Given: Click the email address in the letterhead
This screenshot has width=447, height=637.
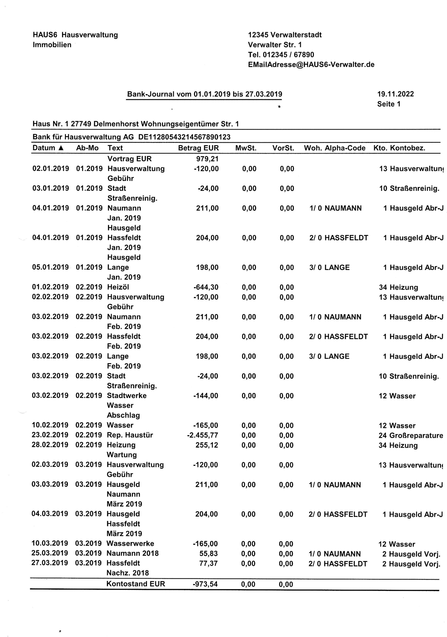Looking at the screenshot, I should coord(311,65).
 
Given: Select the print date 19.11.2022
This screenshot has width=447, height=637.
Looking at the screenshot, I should coord(395,94).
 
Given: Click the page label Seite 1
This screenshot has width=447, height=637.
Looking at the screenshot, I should coord(389,104).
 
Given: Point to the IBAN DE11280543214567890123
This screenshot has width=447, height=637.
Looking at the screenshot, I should coord(184,137).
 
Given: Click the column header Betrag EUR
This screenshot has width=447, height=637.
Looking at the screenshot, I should coord(198,148).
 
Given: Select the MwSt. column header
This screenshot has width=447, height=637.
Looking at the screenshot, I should coord(246,148).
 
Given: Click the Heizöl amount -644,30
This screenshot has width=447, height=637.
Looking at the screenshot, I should coord(206,287).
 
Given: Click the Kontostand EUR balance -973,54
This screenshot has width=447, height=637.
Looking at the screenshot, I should coord(205,584).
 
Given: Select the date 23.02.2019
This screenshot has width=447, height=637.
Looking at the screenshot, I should coord(50,435).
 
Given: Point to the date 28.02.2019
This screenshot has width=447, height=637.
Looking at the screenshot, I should coord(50,445).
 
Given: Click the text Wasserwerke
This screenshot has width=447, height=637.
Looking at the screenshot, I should coord(130,544).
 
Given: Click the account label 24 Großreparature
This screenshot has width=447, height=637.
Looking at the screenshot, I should coord(411,436).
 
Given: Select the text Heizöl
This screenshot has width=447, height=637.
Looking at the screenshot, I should coord(118,287).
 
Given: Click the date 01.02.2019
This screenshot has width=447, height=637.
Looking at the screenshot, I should coord(50,287).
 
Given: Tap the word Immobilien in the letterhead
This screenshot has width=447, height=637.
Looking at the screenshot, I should coord(52,45).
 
